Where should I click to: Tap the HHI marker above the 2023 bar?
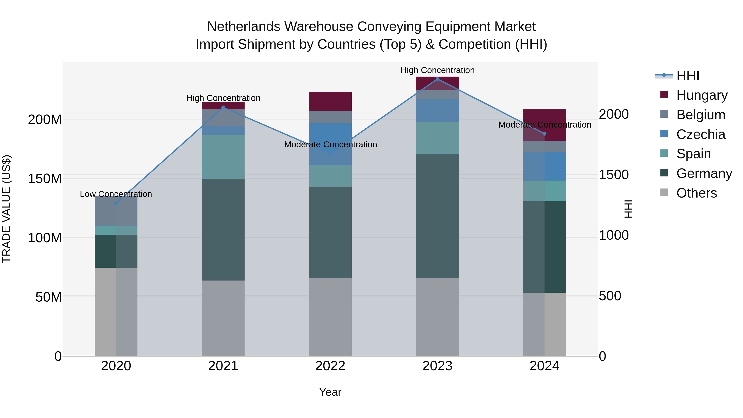pos(437,79)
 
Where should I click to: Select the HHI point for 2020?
pos(116,203)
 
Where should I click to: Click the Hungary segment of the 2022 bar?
pos(330,101)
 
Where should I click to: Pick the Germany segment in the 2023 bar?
pos(437,216)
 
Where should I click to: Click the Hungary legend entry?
pos(702,95)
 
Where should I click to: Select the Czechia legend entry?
pos(701,134)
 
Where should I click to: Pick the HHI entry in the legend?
pos(688,76)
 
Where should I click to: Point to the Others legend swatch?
pos(664,192)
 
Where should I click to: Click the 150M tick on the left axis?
pos(45,179)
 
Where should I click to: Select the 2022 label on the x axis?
pos(330,366)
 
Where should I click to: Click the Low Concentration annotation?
pos(116,194)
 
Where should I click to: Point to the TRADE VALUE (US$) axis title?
pos(6,209)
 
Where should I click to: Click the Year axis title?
pos(330,392)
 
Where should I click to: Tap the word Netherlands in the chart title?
pos(244,27)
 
